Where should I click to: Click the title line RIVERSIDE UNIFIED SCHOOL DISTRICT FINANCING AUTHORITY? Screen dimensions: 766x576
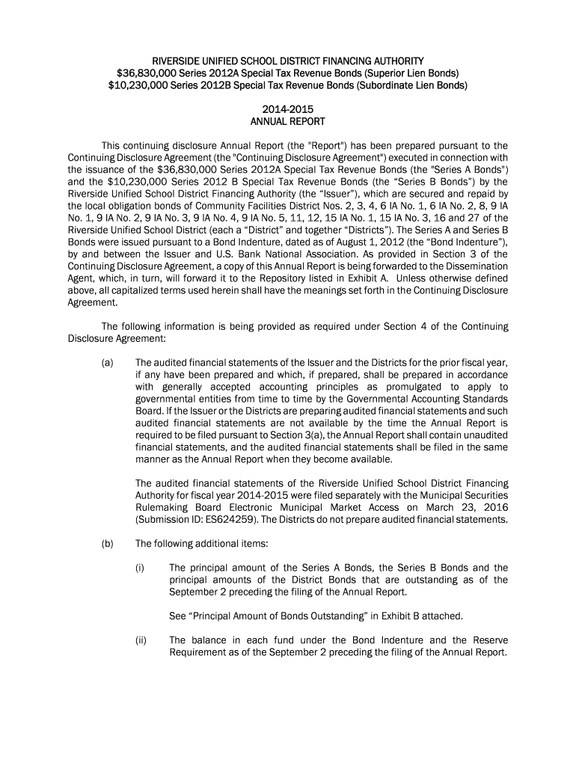pos(288,60)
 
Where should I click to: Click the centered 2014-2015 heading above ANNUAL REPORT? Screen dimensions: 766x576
pos(288,110)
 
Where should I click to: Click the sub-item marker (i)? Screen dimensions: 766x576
pos(140,568)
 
